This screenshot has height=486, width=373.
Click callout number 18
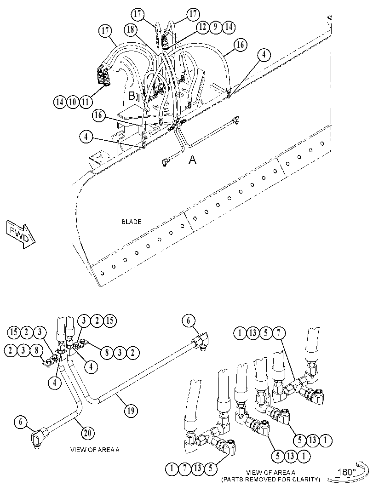(131, 30)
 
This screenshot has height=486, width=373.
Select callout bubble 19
(131, 411)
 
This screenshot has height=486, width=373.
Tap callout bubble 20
(88, 433)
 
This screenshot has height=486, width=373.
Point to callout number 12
(202, 27)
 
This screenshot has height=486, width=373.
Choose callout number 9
(216, 27)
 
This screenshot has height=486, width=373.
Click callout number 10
(73, 102)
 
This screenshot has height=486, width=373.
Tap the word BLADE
(132, 222)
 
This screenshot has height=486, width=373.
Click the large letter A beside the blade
(193, 160)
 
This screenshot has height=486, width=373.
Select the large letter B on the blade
(132, 96)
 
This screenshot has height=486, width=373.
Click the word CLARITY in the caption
(304, 480)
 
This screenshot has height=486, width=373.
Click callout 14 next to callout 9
(229, 27)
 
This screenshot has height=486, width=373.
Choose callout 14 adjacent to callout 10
(60, 102)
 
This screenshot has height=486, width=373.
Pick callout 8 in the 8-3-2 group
(107, 352)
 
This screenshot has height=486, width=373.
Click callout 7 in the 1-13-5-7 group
(279, 333)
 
